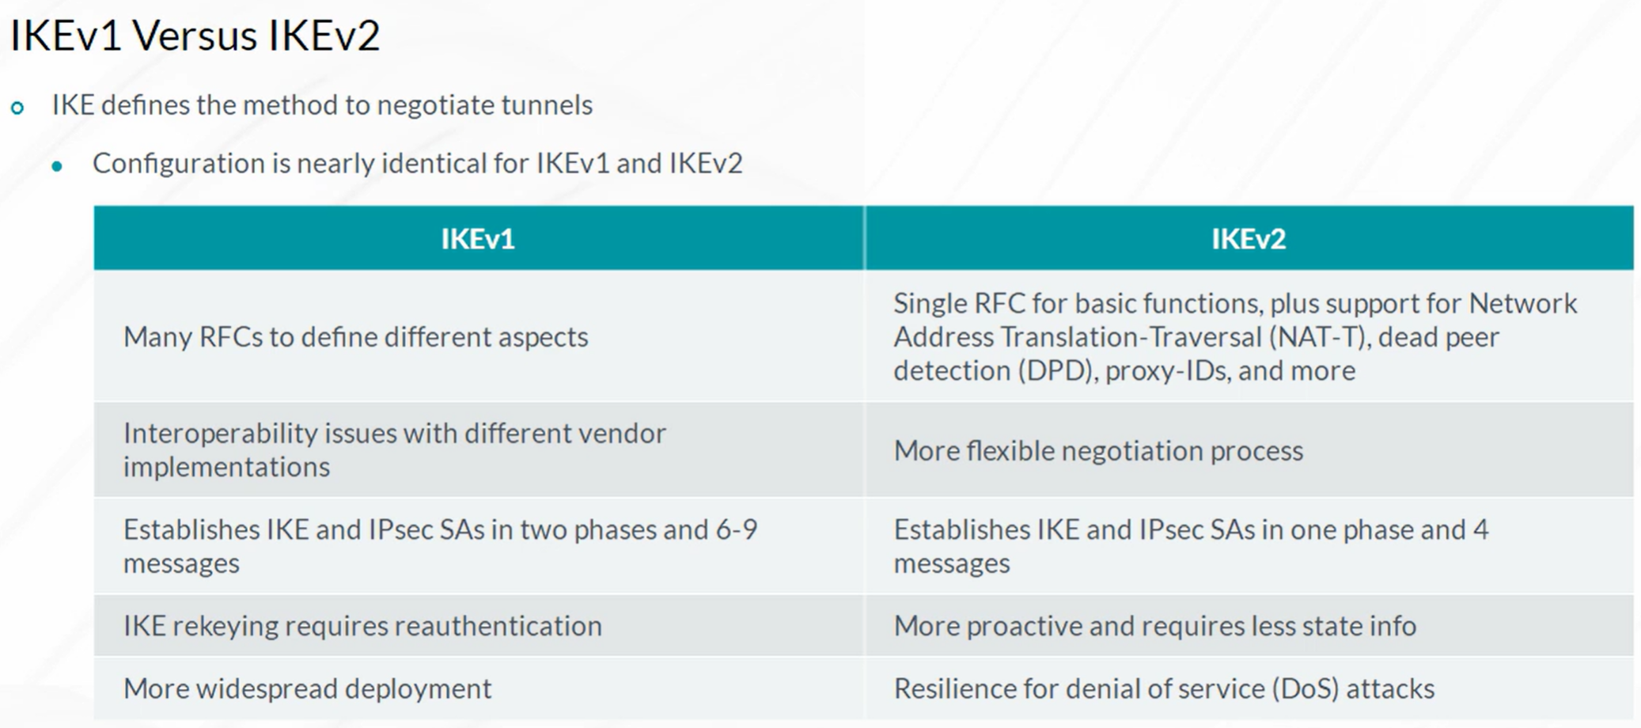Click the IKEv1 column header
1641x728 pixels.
pos(478,239)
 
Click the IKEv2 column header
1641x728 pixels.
pos(1249,239)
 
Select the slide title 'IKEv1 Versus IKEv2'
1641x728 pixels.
pos(195,36)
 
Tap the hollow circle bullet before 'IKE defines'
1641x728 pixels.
pos(17,107)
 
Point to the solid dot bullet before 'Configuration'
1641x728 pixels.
pos(57,166)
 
